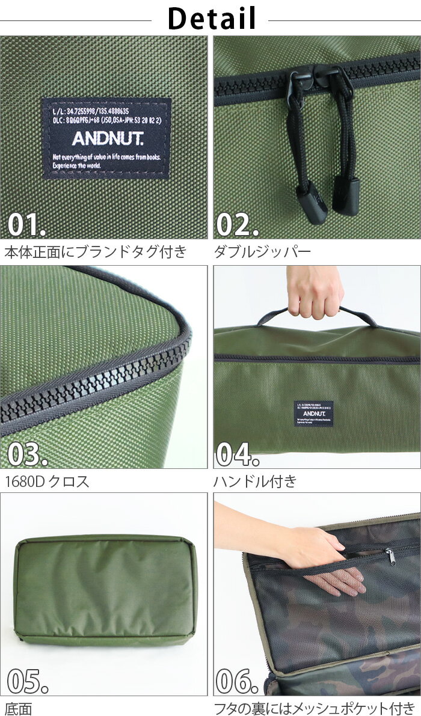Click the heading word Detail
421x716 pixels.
(211, 18)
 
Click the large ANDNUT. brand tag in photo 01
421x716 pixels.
(106, 138)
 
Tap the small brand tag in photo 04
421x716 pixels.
(313, 413)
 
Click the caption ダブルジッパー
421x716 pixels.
(262, 251)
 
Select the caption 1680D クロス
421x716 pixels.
(47, 481)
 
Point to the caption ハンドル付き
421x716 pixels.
(255, 481)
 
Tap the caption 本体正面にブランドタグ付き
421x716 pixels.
(96, 251)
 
